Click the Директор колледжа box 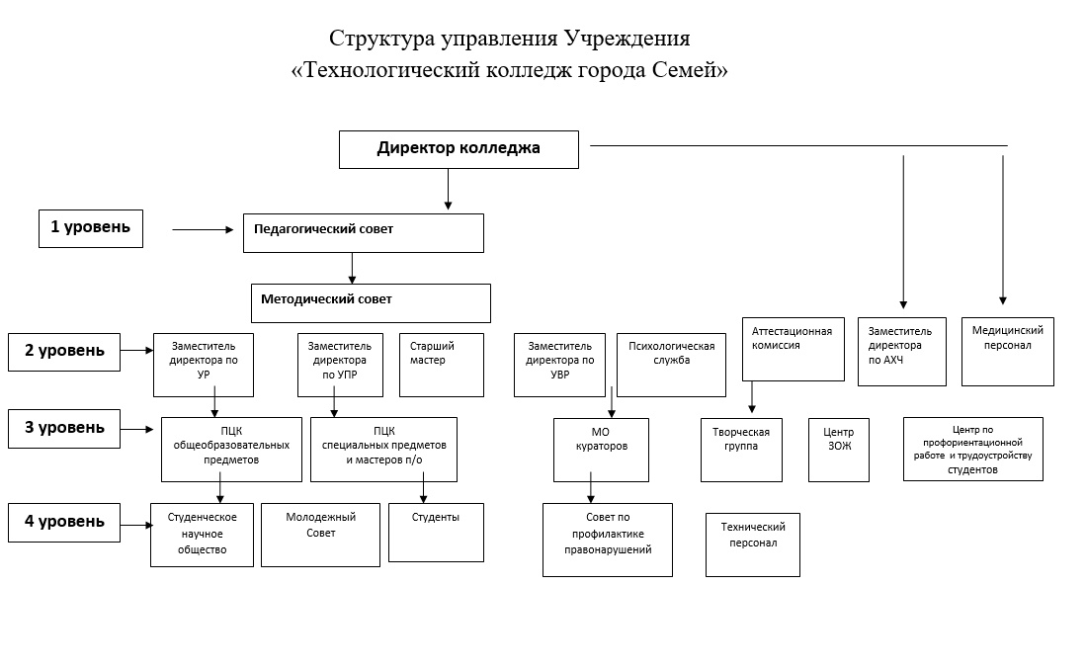click(459, 149)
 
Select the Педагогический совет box click(363, 233)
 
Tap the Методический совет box click(371, 302)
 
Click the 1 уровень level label click(91, 228)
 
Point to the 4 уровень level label click(64, 523)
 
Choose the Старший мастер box click(442, 365)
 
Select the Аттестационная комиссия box click(793, 349)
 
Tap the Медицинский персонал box click(1007, 351)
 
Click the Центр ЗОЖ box click(838, 450)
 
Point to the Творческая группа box click(741, 450)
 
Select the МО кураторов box click(601, 450)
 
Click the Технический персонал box click(752, 544)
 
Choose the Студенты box click(436, 533)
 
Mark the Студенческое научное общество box click(202, 535)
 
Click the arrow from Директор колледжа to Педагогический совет click(448, 190)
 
